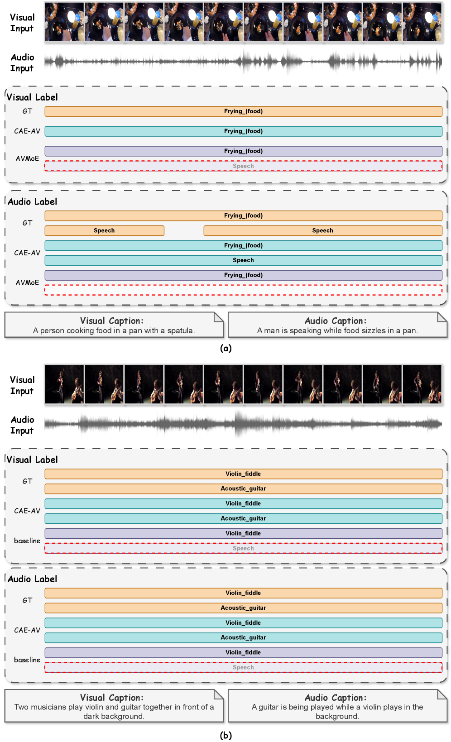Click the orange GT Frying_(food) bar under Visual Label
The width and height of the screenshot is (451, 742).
[x=243, y=111]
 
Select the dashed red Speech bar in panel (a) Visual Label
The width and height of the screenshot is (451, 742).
[x=243, y=166]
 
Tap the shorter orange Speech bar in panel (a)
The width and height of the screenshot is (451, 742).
[x=104, y=230]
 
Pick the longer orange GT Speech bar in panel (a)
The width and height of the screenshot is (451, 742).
[x=322, y=230]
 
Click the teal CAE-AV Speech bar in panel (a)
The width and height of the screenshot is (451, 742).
[x=243, y=260]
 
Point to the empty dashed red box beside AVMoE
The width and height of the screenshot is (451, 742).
[x=243, y=290]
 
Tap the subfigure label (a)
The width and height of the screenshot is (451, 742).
[x=225, y=348]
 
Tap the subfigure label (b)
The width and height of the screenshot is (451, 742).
[x=225, y=735]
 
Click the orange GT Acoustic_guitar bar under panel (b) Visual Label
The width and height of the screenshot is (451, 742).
[x=243, y=489]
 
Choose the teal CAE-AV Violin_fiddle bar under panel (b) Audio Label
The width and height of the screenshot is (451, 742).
[x=243, y=623]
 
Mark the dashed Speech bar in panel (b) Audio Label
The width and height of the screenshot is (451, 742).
[x=243, y=667]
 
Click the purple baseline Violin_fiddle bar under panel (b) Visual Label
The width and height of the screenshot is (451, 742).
[x=243, y=533]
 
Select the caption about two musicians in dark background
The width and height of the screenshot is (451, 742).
[x=114, y=707]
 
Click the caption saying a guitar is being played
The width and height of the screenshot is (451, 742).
[x=337, y=707]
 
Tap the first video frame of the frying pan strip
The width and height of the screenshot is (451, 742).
[x=64, y=22]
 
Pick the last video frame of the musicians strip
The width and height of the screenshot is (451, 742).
[x=422, y=384]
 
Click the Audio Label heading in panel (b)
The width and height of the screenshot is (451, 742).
[x=32, y=579]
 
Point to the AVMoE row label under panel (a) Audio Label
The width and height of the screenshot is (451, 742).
[x=27, y=282]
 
